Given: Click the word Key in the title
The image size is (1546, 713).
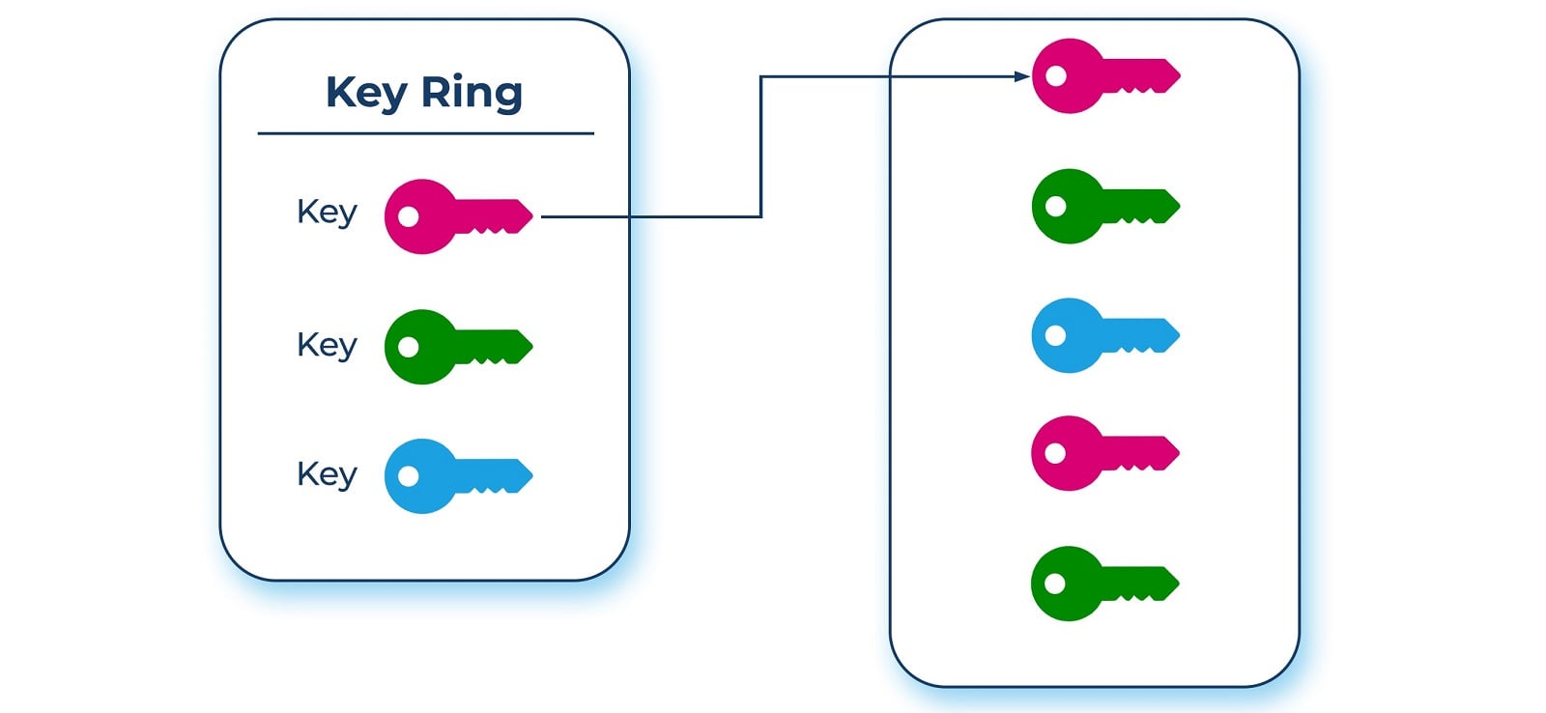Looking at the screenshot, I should [366, 93].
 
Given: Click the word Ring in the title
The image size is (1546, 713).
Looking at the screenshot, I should [472, 93].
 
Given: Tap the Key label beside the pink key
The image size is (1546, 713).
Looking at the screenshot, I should [327, 212].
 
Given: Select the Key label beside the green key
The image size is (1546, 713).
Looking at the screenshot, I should [327, 345].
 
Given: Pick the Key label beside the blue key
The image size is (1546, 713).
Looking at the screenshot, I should [327, 474].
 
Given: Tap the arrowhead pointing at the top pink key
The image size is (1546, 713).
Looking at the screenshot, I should [1021, 76].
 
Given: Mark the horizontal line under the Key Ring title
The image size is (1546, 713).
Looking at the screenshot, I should [425, 133].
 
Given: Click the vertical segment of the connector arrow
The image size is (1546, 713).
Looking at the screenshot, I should [760, 145].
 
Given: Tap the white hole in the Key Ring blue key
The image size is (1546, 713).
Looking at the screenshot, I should [409, 476].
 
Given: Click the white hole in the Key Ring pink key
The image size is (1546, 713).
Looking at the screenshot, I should [409, 215].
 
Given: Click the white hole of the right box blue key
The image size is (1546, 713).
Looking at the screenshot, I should [1056, 335].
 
